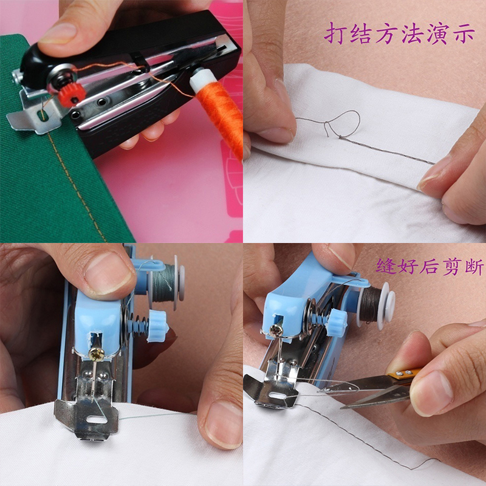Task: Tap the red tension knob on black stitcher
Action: (71, 95)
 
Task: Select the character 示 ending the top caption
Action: (464, 33)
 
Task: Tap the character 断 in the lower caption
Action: (474, 267)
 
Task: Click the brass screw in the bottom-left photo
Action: (95, 354)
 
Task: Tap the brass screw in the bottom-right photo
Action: (276, 330)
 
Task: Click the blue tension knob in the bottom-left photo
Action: (157, 326)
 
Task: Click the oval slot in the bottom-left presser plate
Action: (97, 420)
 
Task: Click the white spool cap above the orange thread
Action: (201, 80)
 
